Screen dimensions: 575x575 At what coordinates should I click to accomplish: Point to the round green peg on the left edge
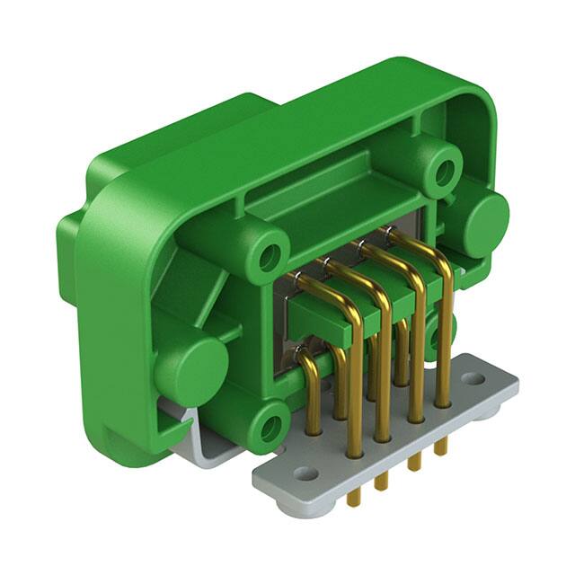190,367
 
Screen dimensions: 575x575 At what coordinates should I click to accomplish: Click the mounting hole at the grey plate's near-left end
305,473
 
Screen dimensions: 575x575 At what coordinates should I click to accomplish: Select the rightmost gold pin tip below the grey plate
441,447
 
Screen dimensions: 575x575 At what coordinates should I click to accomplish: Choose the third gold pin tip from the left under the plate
413,464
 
